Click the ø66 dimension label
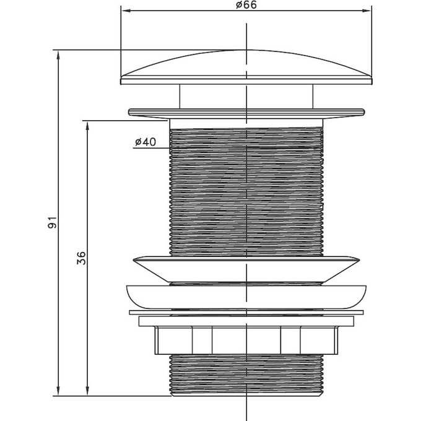(x=246, y=5)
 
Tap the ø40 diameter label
(x=145, y=142)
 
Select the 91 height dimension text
(x=52, y=222)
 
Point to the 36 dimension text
(x=81, y=258)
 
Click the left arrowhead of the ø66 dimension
(x=126, y=11)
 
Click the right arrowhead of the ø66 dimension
(x=367, y=11)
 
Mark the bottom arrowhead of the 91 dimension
(x=58, y=391)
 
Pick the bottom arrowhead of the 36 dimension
(x=87, y=391)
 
